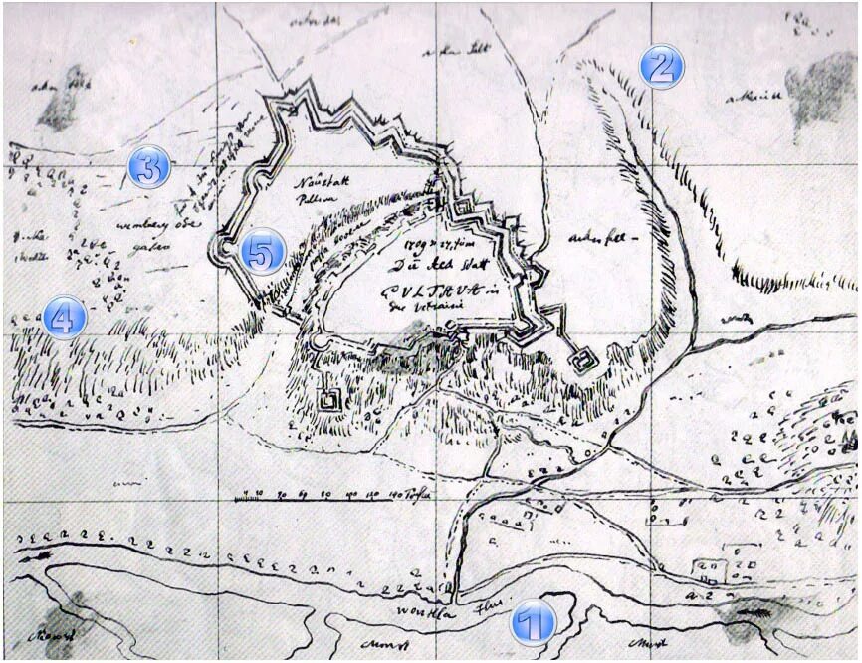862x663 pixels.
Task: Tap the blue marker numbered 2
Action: coord(661,67)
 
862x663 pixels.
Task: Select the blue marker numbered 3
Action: coord(149,168)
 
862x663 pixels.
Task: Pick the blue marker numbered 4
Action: coord(63,319)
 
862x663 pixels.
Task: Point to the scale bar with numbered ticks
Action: coord(328,495)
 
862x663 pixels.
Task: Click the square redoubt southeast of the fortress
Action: coord(583,359)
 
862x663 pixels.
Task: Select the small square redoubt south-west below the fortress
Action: coord(328,400)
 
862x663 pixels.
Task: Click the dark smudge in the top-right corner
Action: coord(823,90)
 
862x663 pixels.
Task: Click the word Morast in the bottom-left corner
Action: coord(50,634)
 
